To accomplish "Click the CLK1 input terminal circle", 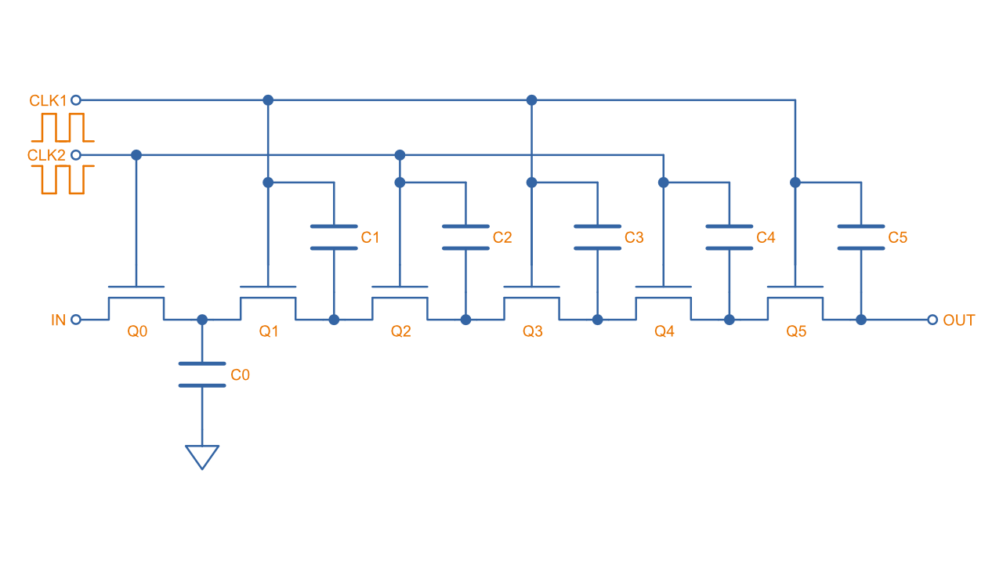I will coord(76,99).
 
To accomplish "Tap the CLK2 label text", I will coord(46,155).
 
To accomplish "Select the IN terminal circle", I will coord(76,320).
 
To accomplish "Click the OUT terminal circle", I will coord(932,320).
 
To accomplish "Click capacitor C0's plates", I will coord(202,374).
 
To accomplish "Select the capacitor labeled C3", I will coord(597,237).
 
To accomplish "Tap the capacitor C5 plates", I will coord(861,237).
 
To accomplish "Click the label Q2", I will coord(400,331).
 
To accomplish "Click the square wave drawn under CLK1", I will coord(67,127).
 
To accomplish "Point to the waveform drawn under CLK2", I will coord(67,179).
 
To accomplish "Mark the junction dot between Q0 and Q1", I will coord(202,320).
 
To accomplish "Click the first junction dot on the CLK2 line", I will coord(136,155).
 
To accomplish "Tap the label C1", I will coord(370,237).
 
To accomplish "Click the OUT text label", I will coord(959,320).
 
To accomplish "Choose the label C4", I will coord(766,237).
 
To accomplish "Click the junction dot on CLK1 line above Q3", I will coord(532,99).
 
